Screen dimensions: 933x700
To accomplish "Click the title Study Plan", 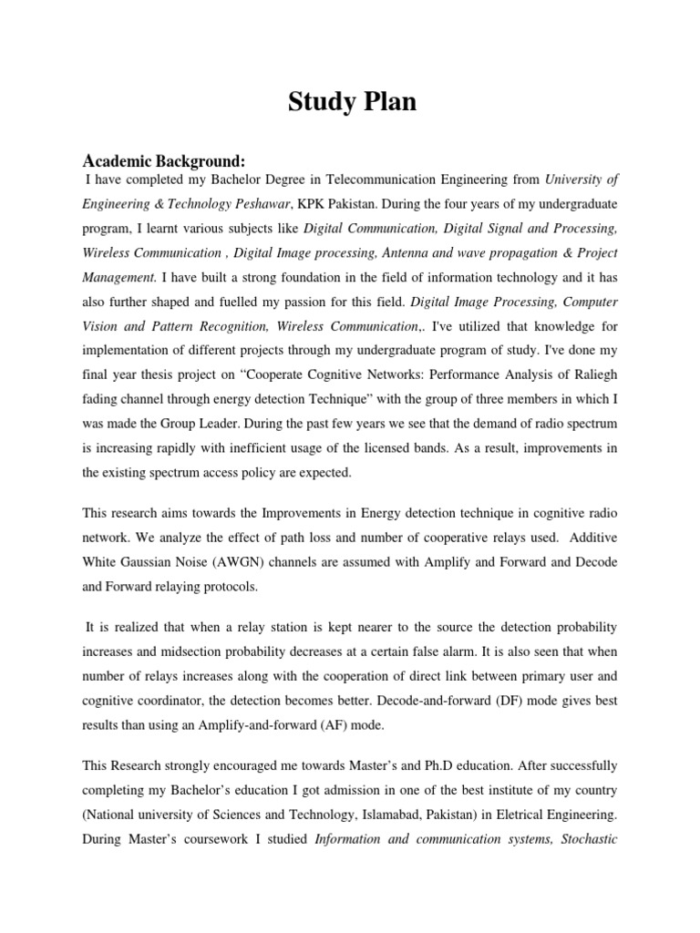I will point(352,103).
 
